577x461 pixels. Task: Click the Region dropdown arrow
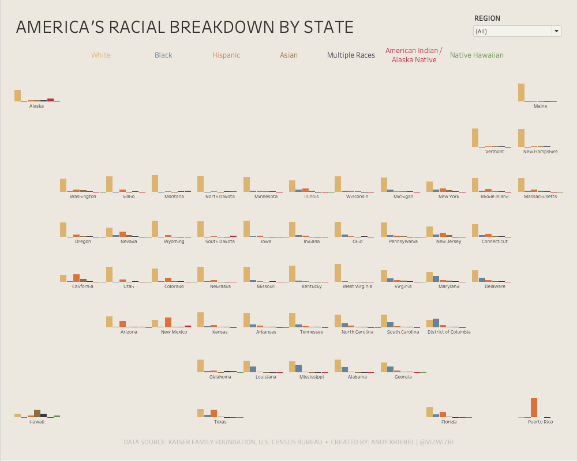pos(556,31)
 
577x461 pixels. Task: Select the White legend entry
pos(101,55)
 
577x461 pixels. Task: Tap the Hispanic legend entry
pos(226,55)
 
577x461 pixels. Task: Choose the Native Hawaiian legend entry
pos(477,55)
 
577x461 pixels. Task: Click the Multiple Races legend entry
pos(351,55)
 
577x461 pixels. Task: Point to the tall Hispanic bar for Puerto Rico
pos(534,407)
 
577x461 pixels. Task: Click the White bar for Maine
pos(521,93)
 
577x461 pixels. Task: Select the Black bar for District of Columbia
pos(436,323)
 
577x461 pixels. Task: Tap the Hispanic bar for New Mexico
pos(168,322)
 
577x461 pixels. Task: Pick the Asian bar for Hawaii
pos(37,413)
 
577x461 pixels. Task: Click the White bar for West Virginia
pos(338,273)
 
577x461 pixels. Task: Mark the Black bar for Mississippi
pos(298,368)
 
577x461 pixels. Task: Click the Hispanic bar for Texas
pos(213,413)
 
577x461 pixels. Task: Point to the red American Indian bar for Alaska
pos(50,100)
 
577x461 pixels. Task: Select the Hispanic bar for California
pos(76,278)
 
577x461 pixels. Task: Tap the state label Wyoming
pos(174,241)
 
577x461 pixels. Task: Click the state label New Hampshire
pos(540,152)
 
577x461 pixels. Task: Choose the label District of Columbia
pos(449,332)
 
